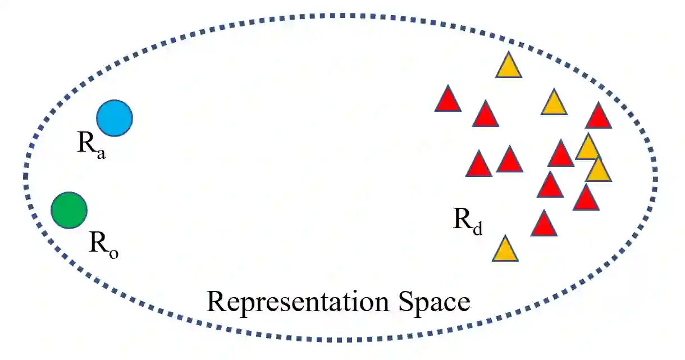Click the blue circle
pyautogui.click(x=115, y=118)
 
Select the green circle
pyautogui.click(x=69, y=210)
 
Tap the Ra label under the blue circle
pyautogui.click(x=91, y=146)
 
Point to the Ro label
pyautogui.click(x=103, y=245)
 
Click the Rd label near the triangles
pyautogui.click(x=468, y=221)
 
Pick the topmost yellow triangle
pyautogui.click(x=509, y=67)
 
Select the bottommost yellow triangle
pyautogui.click(x=505, y=250)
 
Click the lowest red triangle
pyautogui.click(x=544, y=225)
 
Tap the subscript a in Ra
pyautogui.click(x=101, y=153)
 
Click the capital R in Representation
pyautogui.click(x=217, y=302)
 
